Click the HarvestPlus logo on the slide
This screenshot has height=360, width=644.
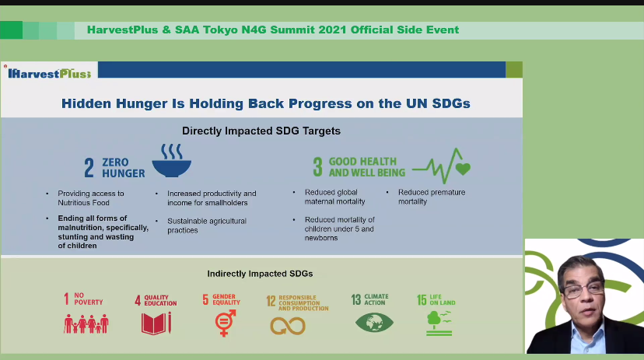point(49,74)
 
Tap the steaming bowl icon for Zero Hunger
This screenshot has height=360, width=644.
point(172,160)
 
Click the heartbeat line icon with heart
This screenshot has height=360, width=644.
point(442,166)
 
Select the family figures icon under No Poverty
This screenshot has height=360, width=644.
point(86,324)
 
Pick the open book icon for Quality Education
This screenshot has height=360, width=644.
point(156,323)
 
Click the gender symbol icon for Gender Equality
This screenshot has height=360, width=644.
point(226,323)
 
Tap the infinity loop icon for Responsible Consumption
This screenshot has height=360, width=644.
point(288,327)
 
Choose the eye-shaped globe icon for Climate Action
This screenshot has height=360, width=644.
point(374,322)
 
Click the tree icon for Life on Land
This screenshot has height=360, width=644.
point(439,323)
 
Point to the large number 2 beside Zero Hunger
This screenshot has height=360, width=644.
point(89,168)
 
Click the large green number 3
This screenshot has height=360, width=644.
point(318,167)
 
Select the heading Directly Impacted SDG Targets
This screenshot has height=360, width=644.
point(261,131)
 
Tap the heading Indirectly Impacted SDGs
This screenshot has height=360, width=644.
point(260,274)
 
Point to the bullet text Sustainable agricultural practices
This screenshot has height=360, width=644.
point(207,225)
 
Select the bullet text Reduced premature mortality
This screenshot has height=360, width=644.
point(432,197)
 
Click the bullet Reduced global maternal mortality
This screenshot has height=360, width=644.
point(334,197)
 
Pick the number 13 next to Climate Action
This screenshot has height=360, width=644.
point(356,299)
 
